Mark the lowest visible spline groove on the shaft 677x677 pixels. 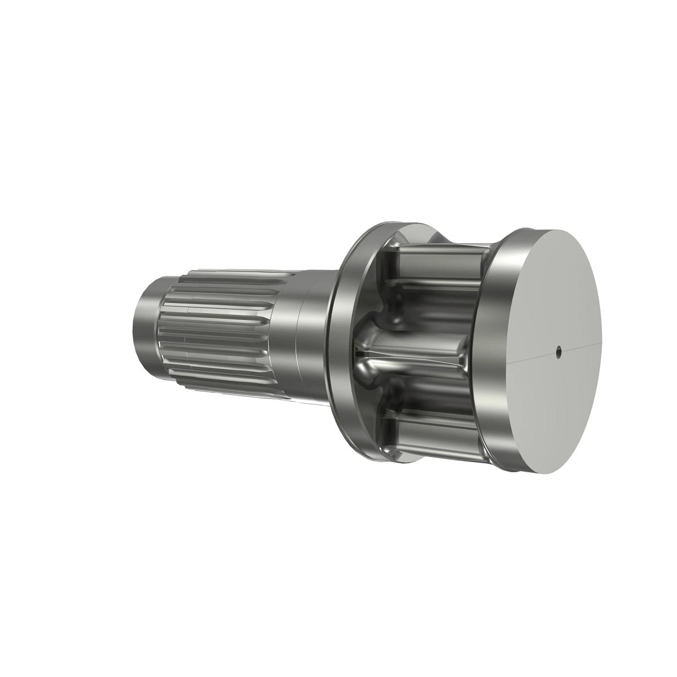click(226, 389)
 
